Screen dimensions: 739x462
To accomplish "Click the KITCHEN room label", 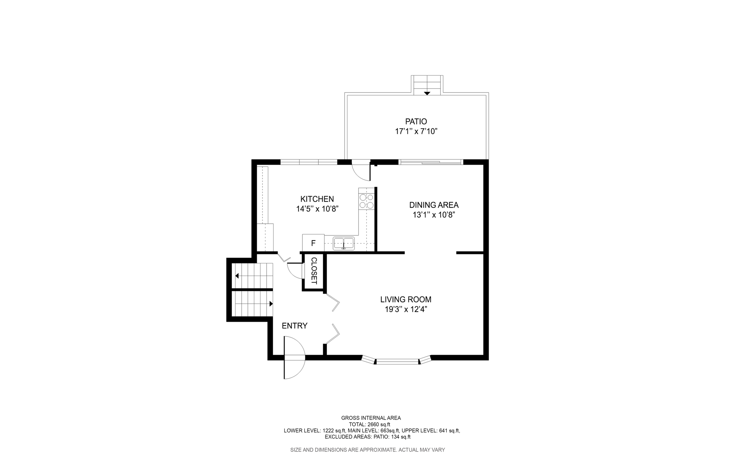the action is point(317,199).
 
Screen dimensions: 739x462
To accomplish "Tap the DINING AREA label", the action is point(434,205).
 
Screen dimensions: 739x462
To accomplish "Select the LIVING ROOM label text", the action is point(406,299).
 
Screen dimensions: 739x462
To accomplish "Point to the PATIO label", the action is point(416,121).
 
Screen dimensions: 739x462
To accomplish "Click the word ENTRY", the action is point(294,326).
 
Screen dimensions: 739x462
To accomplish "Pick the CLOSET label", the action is point(314,271).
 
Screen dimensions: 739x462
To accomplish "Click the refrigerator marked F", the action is point(313,243).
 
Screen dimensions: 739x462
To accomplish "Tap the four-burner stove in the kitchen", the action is point(366,201).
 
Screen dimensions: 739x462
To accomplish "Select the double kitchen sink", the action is point(344,243).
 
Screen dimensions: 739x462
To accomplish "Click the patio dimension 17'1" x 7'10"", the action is point(416,131).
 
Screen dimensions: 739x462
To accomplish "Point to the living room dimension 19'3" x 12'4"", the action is point(406,310).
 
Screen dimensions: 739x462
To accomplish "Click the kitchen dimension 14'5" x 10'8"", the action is point(317,209).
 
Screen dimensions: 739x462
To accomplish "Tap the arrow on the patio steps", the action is point(427,94).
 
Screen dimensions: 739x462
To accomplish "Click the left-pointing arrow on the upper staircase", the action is point(237,276).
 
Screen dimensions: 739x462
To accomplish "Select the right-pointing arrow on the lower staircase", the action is point(271,304).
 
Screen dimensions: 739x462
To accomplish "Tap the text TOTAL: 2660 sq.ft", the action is point(369,424).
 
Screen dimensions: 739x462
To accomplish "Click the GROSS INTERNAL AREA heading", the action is point(371,418).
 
